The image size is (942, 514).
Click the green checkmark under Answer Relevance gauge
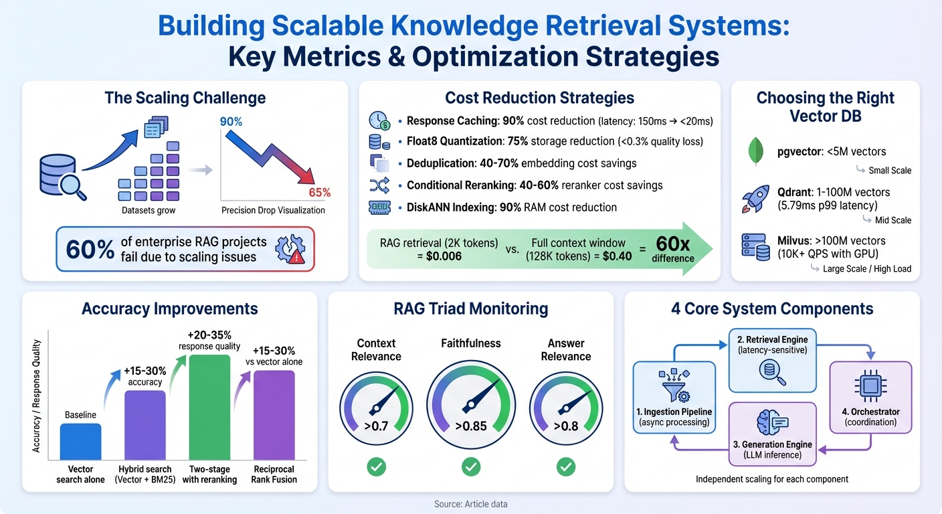click(566, 466)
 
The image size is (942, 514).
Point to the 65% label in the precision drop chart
click(319, 193)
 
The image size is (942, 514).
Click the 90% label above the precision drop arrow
click(231, 122)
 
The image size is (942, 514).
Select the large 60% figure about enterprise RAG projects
click(90, 249)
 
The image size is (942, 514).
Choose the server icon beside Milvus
click(755, 248)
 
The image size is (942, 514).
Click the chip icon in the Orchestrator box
click(870, 387)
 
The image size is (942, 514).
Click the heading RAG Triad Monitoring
click(470, 309)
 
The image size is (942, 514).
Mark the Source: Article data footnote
click(470, 504)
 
